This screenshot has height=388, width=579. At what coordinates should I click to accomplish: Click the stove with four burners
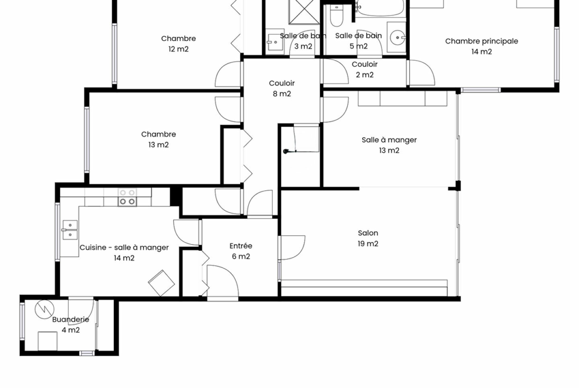point(127,197)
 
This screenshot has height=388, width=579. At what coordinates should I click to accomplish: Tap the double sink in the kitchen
point(70,230)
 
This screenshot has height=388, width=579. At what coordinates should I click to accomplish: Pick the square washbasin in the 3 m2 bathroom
point(275,42)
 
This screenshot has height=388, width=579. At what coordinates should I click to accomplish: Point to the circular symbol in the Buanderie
point(45,309)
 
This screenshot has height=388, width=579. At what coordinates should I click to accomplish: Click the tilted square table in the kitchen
point(161,283)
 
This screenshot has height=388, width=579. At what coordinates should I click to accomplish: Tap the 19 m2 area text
point(368,243)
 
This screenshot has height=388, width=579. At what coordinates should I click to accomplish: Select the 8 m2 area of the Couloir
point(282,94)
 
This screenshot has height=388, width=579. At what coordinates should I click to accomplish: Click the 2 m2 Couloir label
point(364,69)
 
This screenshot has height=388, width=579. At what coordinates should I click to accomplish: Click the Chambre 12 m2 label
point(178,43)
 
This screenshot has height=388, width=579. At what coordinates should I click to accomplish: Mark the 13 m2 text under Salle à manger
point(389,150)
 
